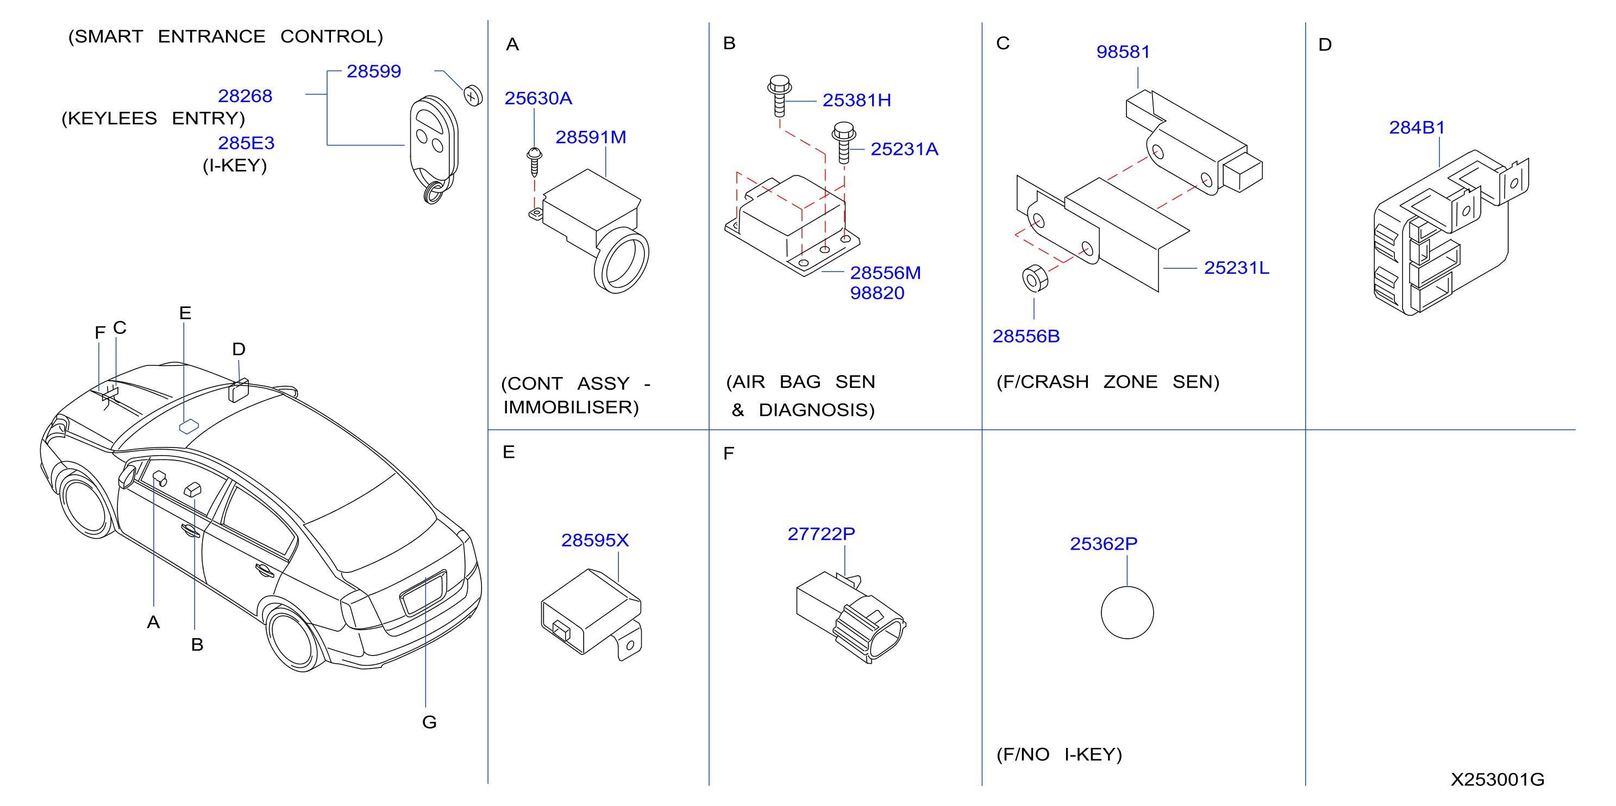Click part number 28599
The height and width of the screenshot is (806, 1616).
(x=373, y=72)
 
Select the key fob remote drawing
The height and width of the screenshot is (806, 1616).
(x=434, y=149)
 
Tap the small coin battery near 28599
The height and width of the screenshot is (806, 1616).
(x=473, y=96)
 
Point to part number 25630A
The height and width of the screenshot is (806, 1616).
(x=538, y=98)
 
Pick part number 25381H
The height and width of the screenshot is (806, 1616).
(x=856, y=100)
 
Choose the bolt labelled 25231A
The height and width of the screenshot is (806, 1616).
(x=844, y=143)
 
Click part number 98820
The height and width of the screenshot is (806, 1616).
(x=877, y=293)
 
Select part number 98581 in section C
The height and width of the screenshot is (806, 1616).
(x=1123, y=52)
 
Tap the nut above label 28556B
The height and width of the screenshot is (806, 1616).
(x=1035, y=279)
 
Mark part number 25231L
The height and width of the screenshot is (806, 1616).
(x=1237, y=268)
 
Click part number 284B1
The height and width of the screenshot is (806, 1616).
(x=1417, y=128)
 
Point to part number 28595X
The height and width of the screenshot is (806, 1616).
(x=594, y=540)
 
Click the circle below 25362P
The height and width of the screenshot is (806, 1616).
(x=1128, y=613)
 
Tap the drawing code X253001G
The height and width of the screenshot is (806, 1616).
(x=1498, y=779)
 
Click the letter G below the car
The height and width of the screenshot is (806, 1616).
(x=429, y=722)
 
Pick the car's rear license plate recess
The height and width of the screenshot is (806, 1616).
(x=423, y=593)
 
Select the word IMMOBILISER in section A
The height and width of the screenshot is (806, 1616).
(x=571, y=408)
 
